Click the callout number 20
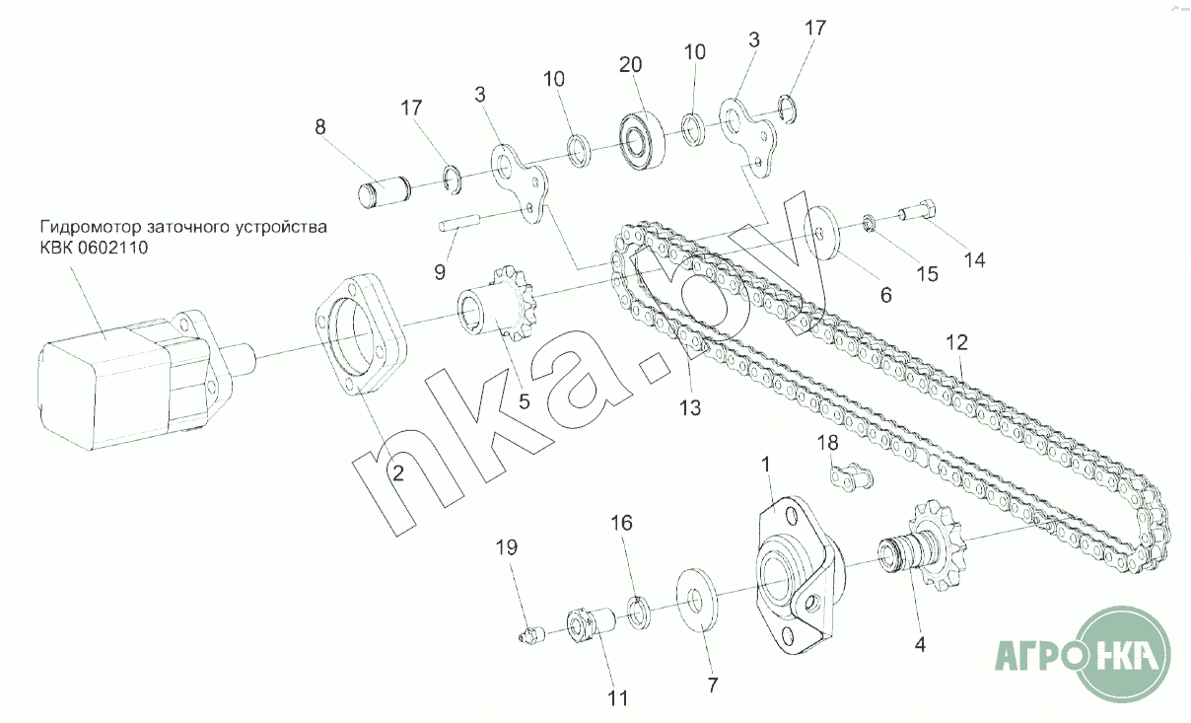(631, 65)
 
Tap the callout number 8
(320, 126)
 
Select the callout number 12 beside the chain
(957, 342)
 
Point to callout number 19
(506, 546)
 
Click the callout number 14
(975, 260)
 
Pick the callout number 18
(827, 443)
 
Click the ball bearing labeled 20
(642, 140)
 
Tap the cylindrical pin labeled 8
(384, 192)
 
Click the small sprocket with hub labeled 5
(498, 304)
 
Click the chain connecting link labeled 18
(851, 476)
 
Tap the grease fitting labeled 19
(531, 634)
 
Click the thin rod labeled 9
(459, 222)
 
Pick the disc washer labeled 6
(824, 233)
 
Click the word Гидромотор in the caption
(91, 227)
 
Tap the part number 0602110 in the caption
(113, 248)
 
